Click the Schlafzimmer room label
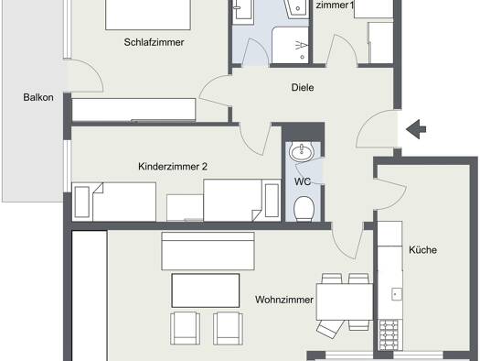click(x=154, y=42)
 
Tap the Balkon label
click(x=38, y=97)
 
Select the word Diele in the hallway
click(x=303, y=87)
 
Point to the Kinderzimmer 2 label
click(x=173, y=167)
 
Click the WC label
click(x=303, y=181)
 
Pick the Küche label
click(x=422, y=249)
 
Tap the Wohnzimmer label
click(x=284, y=300)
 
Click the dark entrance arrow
click(x=416, y=129)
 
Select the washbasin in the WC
click(x=302, y=151)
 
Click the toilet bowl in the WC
click(x=304, y=209)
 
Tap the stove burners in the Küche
click(x=389, y=334)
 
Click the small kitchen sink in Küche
click(x=397, y=294)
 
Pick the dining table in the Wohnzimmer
click(x=345, y=302)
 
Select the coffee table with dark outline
click(x=206, y=290)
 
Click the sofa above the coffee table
click(x=208, y=251)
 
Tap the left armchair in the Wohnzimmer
click(x=185, y=328)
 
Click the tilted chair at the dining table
click(x=329, y=328)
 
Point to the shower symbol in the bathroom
click(x=301, y=46)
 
